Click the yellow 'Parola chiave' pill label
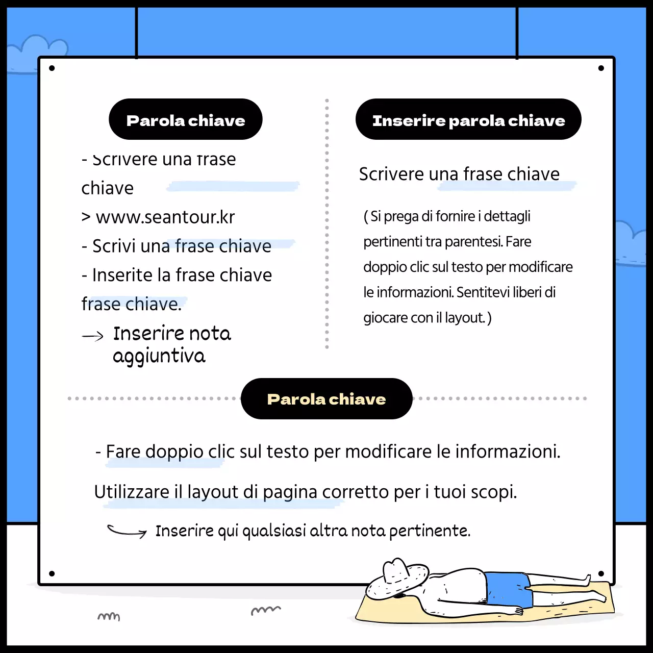tap(326, 399)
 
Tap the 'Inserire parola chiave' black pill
tap(468, 120)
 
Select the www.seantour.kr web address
tap(165, 217)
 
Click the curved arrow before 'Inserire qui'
tap(127, 532)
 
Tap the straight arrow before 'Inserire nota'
tap(93, 336)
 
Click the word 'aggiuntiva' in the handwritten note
tap(159, 356)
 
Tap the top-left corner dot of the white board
tap(52, 68)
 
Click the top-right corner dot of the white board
tap(601, 68)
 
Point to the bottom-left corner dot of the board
tap(52, 574)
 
